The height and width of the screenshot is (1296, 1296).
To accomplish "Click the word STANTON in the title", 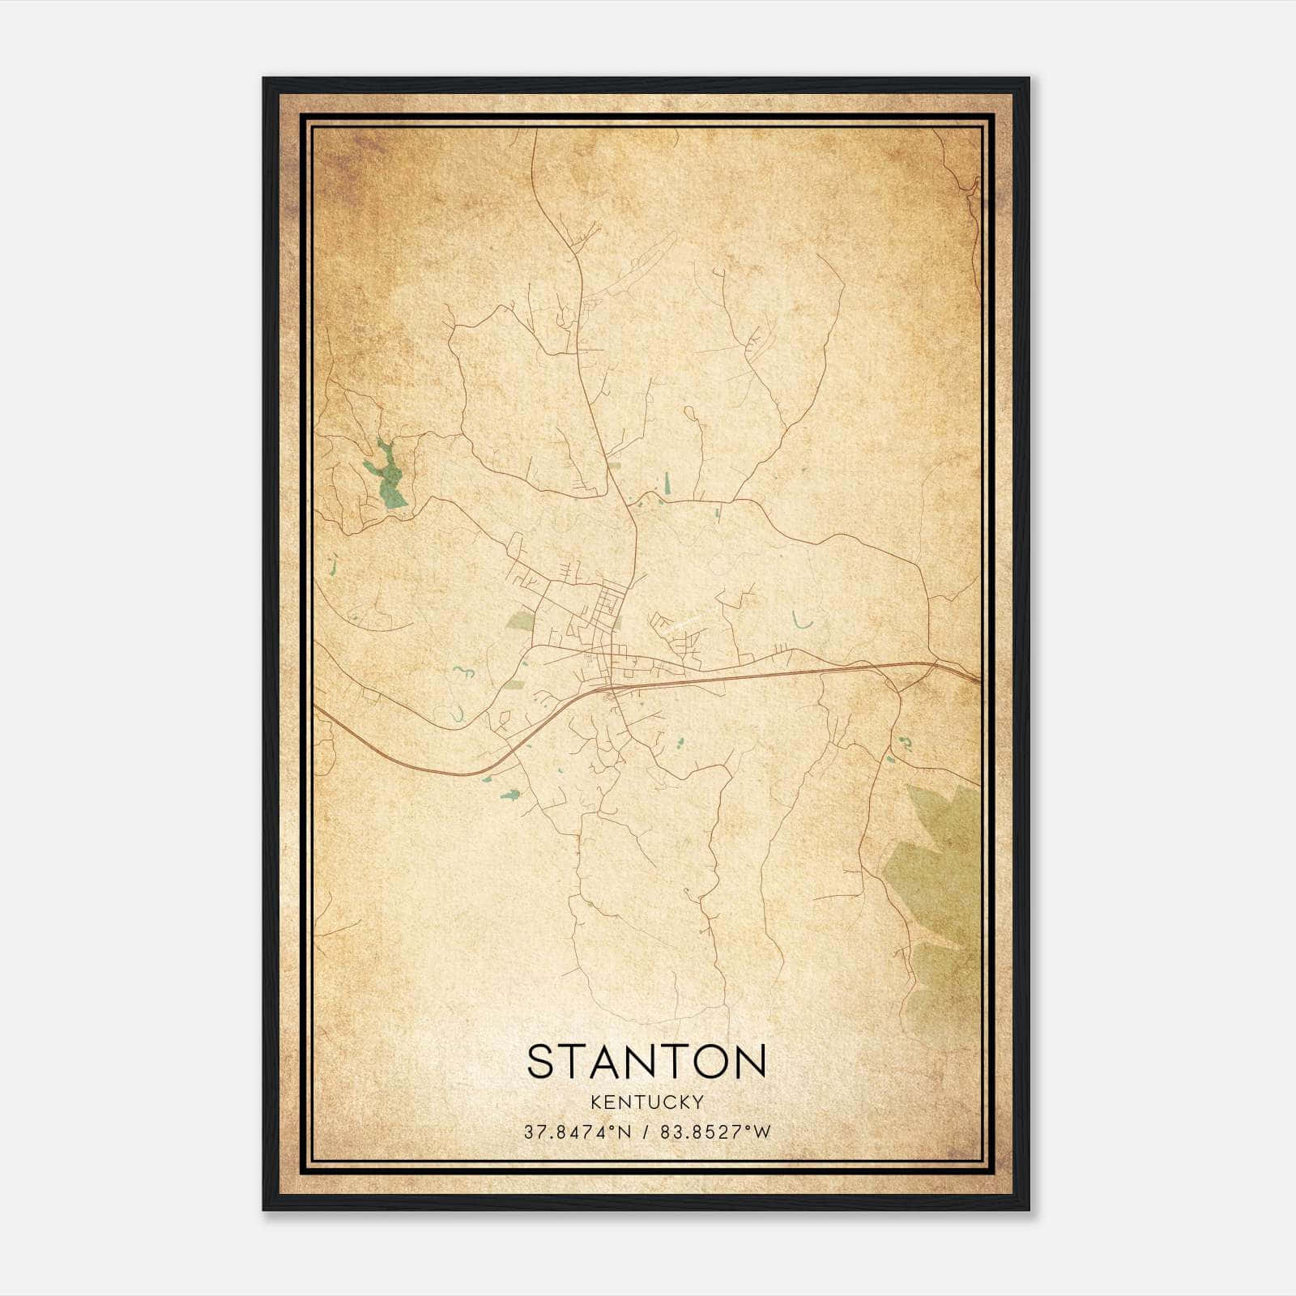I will tap(646, 1062).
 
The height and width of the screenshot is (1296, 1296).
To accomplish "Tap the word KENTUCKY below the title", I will tap(646, 1102).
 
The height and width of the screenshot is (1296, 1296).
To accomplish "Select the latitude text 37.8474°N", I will tap(576, 1132).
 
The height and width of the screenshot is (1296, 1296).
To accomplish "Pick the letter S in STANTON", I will tap(542, 1062).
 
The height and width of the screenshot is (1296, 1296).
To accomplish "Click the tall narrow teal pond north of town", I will tap(667, 484).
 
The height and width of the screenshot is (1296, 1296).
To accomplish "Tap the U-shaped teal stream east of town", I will tap(802, 622).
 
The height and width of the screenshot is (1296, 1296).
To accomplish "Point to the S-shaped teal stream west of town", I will tap(463, 671).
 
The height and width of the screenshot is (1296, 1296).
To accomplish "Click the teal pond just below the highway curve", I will tap(509, 795).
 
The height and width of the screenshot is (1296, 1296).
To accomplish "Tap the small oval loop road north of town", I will tap(690, 414).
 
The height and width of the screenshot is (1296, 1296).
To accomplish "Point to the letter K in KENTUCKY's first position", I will tap(595, 1102).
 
